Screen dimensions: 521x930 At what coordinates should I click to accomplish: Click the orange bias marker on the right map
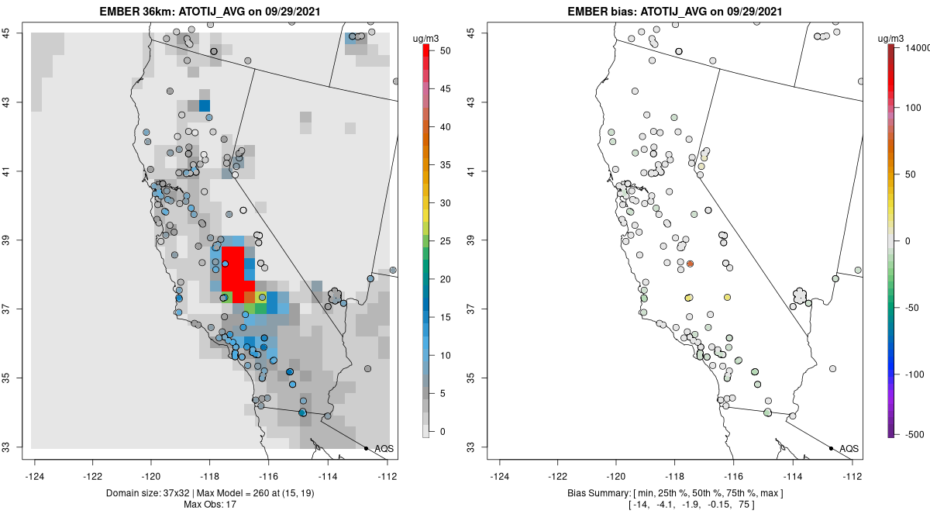click(x=690, y=264)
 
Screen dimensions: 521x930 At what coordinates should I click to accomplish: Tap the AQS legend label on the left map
click(x=384, y=448)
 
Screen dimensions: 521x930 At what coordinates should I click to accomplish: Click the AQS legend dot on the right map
click(x=831, y=448)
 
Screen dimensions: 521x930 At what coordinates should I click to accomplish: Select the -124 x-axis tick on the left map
click(x=35, y=476)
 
